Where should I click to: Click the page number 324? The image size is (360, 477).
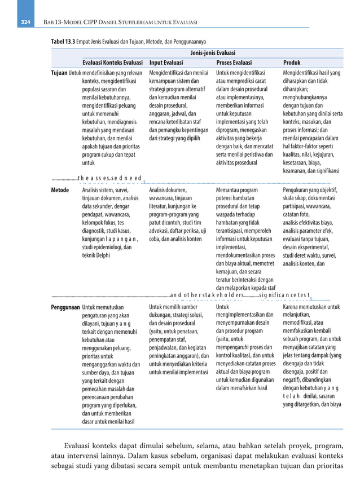point(25,22)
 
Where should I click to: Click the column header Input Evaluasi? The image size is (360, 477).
point(166,63)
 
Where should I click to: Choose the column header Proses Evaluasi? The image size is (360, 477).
point(234,63)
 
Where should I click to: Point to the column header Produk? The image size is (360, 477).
point(292,63)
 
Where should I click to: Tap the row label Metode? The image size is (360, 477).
point(60,190)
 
